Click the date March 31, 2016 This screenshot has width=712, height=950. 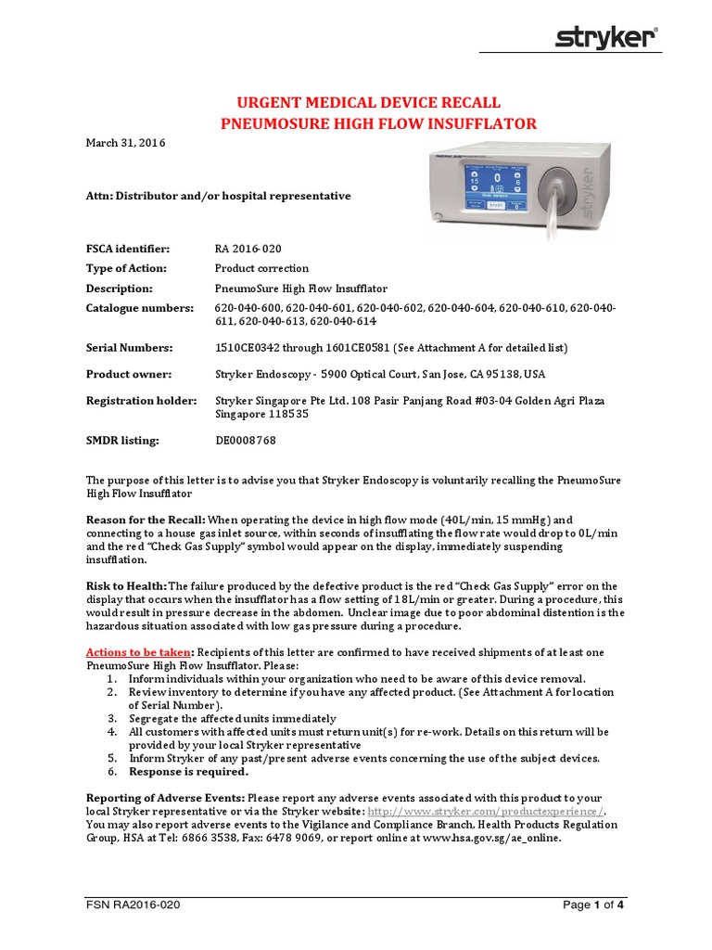(126, 143)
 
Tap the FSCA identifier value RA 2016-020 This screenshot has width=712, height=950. (248, 249)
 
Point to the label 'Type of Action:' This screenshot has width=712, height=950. (127, 268)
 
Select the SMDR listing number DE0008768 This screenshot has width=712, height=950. (246, 441)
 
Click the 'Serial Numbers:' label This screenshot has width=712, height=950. (130, 348)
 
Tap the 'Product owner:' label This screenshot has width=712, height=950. (129, 374)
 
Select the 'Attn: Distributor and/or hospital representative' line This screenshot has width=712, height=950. (219, 196)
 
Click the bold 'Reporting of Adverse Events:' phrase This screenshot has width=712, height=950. (166, 798)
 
